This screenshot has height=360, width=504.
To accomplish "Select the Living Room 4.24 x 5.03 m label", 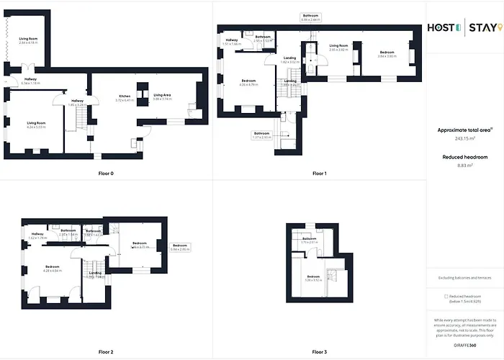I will click(x=36, y=125).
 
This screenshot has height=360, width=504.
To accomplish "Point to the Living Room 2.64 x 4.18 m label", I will click(x=29, y=40).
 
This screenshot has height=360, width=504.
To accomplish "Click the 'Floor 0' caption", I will click(x=106, y=174).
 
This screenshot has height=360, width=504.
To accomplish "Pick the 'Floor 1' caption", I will click(x=320, y=174).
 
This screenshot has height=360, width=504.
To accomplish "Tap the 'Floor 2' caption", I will click(x=106, y=352).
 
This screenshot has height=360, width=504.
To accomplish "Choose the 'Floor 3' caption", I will click(x=320, y=352).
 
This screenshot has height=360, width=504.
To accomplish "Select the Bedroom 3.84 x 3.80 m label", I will click(x=387, y=54).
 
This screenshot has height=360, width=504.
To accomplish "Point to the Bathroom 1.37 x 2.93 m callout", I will click(x=262, y=135).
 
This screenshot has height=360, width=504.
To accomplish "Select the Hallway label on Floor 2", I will click(x=37, y=235).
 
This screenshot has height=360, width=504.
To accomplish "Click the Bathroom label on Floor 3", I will click(x=310, y=240).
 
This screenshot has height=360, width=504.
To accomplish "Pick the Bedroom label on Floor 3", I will click(x=313, y=278).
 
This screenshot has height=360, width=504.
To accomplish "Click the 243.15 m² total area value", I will click(x=464, y=139).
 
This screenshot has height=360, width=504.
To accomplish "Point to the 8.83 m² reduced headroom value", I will click(x=465, y=166).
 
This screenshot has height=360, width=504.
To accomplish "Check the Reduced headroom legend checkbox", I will click(x=447, y=296).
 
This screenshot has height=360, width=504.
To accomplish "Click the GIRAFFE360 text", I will click(x=464, y=346).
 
